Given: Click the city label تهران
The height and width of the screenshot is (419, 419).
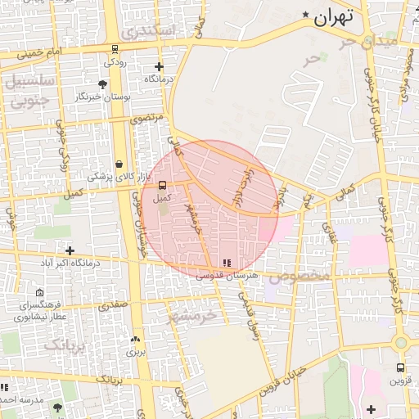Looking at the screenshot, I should tap(335, 16).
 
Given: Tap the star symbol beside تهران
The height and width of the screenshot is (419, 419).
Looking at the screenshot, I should tap(307, 15).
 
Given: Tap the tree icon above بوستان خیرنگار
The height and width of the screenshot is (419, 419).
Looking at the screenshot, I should tap(101, 84).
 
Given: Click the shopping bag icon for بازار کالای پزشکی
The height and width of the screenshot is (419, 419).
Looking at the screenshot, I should tap(120, 164).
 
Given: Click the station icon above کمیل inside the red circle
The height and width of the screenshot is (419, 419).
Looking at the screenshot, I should tap(162, 185).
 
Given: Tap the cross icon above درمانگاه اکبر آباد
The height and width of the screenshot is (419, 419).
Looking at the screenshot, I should tap(70, 250).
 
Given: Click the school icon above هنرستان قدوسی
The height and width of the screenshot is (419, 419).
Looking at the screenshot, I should tap(227, 263).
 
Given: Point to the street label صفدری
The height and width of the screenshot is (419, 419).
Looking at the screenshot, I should tap(114, 305).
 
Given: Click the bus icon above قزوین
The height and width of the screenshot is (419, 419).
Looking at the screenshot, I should tap(400, 367).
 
